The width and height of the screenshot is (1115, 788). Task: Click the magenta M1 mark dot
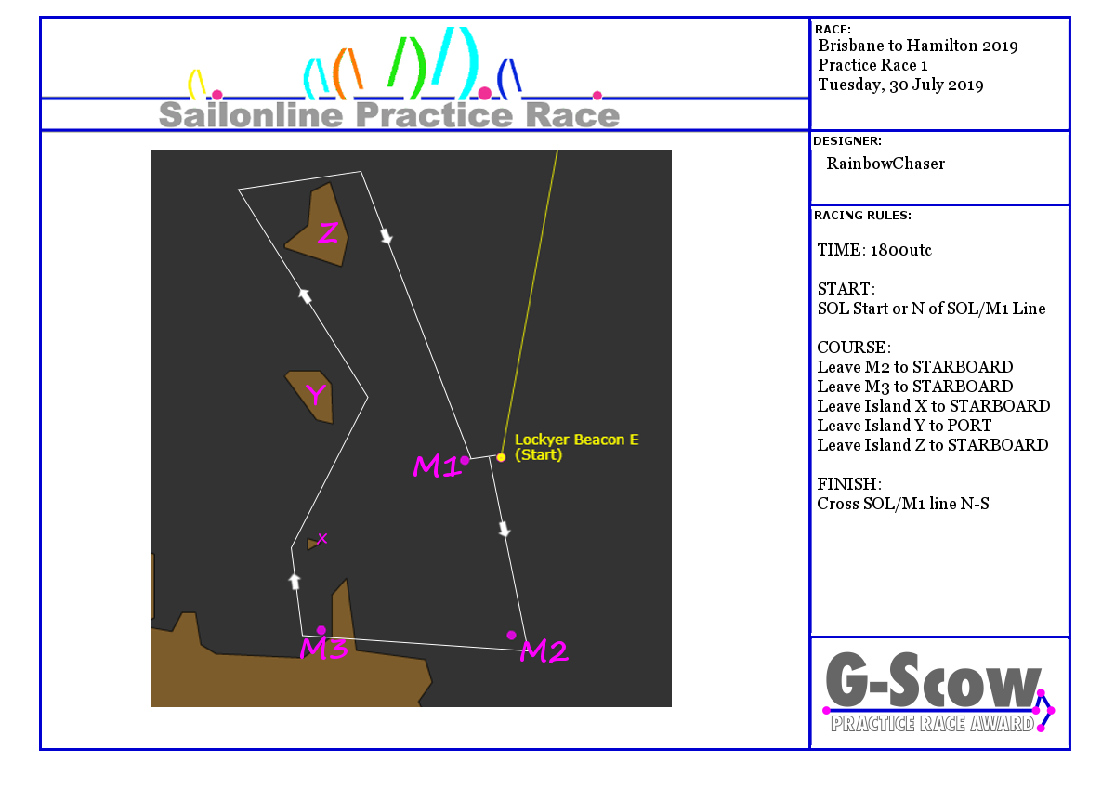[x=465, y=461]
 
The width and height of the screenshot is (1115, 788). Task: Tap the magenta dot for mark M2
[x=511, y=636]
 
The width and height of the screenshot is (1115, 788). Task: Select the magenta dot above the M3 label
[x=321, y=630]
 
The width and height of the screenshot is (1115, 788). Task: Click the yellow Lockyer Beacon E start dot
[x=501, y=457]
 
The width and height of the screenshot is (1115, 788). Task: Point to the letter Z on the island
[x=328, y=232]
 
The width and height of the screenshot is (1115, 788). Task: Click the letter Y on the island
[x=316, y=394]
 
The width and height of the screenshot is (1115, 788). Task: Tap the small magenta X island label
[x=322, y=538]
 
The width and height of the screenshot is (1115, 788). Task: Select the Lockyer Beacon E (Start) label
[x=576, y=447]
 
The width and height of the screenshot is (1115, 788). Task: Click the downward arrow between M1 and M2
[x=505, y=530]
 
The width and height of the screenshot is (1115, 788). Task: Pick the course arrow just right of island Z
[x=387, y=236]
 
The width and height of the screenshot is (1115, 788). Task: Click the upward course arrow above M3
[x=295, y=582]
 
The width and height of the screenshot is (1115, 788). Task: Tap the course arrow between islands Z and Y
[x=305, y=295]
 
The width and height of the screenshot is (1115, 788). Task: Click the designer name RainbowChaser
[x=885, y=164]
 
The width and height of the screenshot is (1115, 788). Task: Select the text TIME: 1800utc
[x=874, y=250]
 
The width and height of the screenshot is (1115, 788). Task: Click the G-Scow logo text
[x=933, y=680]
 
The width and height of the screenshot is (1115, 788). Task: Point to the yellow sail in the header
[x=197, y=84]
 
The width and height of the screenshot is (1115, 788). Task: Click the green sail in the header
[x=407, y=67]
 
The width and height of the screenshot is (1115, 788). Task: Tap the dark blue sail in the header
[x=509, y=77]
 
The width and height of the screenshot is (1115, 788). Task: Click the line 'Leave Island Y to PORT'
[x=904, y=426]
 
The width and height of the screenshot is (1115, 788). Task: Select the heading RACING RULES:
[x=862, y=216]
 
